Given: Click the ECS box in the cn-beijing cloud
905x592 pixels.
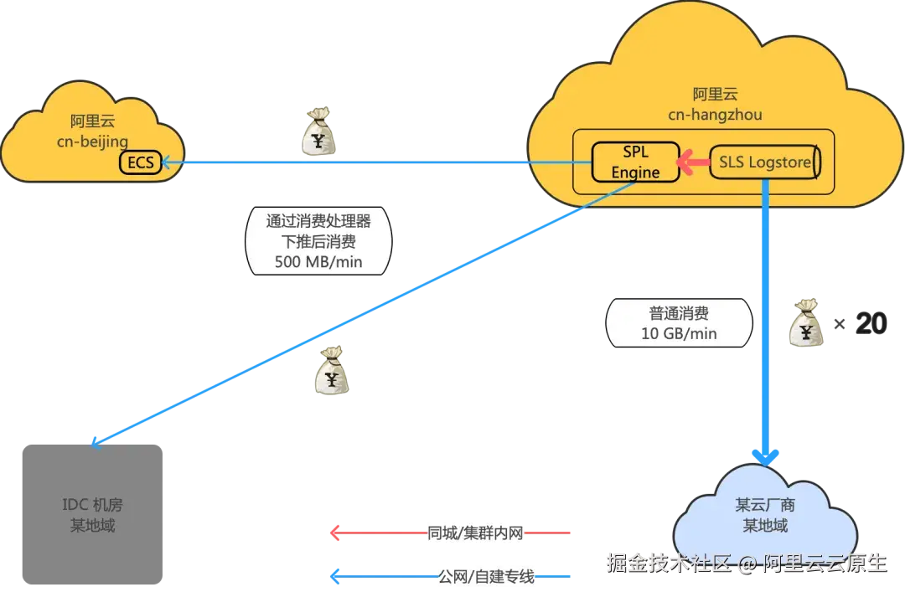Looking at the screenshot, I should point(142,162).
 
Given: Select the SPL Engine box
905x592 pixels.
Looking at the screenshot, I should point(635,162).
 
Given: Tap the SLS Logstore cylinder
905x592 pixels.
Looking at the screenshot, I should point(764,162).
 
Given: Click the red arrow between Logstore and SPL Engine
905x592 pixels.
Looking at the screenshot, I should point(693,162).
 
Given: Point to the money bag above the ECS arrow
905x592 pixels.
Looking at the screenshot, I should point(318,132).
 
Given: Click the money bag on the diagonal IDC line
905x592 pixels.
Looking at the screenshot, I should point(333,372).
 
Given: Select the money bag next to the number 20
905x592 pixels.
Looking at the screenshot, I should point(805,323).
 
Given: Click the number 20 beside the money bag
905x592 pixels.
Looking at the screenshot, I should point(871,323).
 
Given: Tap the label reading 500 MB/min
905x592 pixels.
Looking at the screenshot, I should point(318,261).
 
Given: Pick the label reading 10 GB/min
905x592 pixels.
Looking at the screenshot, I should point(679,332).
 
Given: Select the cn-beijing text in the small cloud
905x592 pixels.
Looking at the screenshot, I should point(92,141).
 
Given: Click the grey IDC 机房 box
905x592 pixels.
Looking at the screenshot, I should point(93,515).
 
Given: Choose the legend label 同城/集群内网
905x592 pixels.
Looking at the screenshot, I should point(475,533).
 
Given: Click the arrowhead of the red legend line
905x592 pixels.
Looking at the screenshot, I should point(335,533).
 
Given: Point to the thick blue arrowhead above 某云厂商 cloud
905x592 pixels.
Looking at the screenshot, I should point(765,456).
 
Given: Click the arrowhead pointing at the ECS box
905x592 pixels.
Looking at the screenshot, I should point(167,162).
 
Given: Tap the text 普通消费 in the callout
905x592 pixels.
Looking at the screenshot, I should point(679,314).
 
